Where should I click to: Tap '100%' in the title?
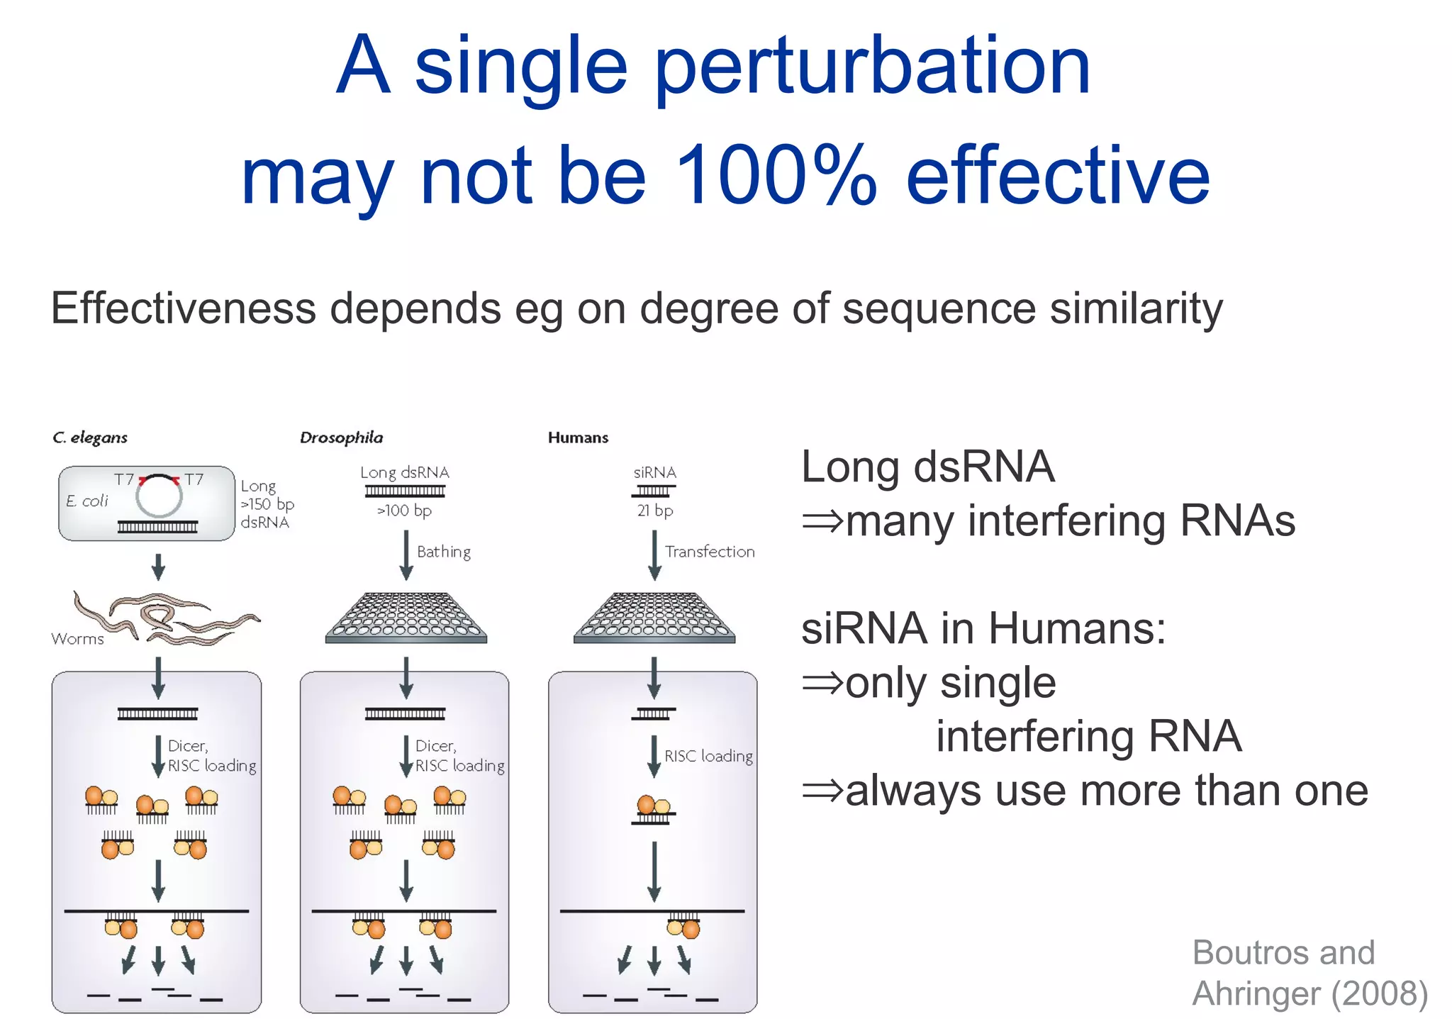(776, 175)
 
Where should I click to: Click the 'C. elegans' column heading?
(90, 438)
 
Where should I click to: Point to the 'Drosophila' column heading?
(341, 438)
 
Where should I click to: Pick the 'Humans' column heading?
(578, 438)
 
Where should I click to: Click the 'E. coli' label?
(86, 501)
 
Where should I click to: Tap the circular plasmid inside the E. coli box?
(159, 496)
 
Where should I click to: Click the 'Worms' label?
(77, 639)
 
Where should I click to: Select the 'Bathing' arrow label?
(443, 552)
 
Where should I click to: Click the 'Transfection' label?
(709, 552)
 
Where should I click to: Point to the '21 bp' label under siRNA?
(654, 511)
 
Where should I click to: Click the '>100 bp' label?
(404, 511)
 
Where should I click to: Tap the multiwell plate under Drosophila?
(406, 617)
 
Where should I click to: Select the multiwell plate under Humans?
(654, 617)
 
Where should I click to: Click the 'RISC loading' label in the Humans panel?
(708, 756)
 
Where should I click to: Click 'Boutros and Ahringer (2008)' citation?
(1308, 973)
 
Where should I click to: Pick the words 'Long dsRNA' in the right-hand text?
(927, 467)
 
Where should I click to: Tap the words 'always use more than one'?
(1106, 791)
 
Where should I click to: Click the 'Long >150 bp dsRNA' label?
(267, 504)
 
